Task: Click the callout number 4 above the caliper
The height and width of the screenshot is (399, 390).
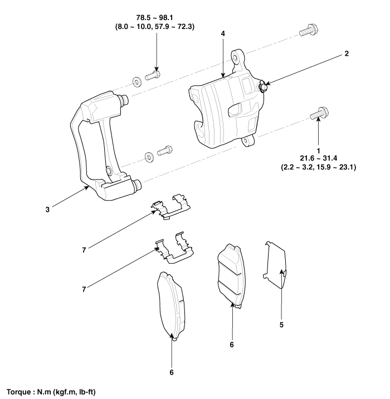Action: point(223,33)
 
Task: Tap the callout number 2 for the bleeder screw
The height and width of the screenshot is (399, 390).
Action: point(347,53)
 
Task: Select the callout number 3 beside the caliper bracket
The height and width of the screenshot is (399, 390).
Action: point(47,210)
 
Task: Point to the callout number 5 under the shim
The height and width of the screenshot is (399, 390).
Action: point(281,325)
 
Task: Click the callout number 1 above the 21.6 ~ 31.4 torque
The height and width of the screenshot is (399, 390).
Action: point(318,151)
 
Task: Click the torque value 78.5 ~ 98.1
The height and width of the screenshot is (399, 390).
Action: point(155,18)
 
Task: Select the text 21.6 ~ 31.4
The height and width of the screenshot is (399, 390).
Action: point(319,158)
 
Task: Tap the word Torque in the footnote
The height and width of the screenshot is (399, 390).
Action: point(18,392)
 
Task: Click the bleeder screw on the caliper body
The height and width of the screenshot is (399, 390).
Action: point(262,86)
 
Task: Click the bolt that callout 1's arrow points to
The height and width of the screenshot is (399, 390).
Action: point(319,114)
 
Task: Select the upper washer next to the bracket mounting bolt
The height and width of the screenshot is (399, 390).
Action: point(137,82)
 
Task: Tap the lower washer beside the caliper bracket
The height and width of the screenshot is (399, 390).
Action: point(149,157)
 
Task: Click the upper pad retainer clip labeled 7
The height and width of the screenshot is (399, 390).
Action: point(170,207)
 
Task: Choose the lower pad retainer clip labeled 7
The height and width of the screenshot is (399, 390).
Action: point(174,248)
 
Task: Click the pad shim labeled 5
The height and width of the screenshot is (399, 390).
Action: point(275,265)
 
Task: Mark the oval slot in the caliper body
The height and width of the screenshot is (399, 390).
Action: point(235,109)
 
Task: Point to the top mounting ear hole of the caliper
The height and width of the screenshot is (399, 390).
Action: point(235,57)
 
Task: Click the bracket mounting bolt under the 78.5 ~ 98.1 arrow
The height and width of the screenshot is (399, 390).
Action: point(153,75)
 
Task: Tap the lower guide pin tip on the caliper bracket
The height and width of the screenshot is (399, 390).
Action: point(138,184)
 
